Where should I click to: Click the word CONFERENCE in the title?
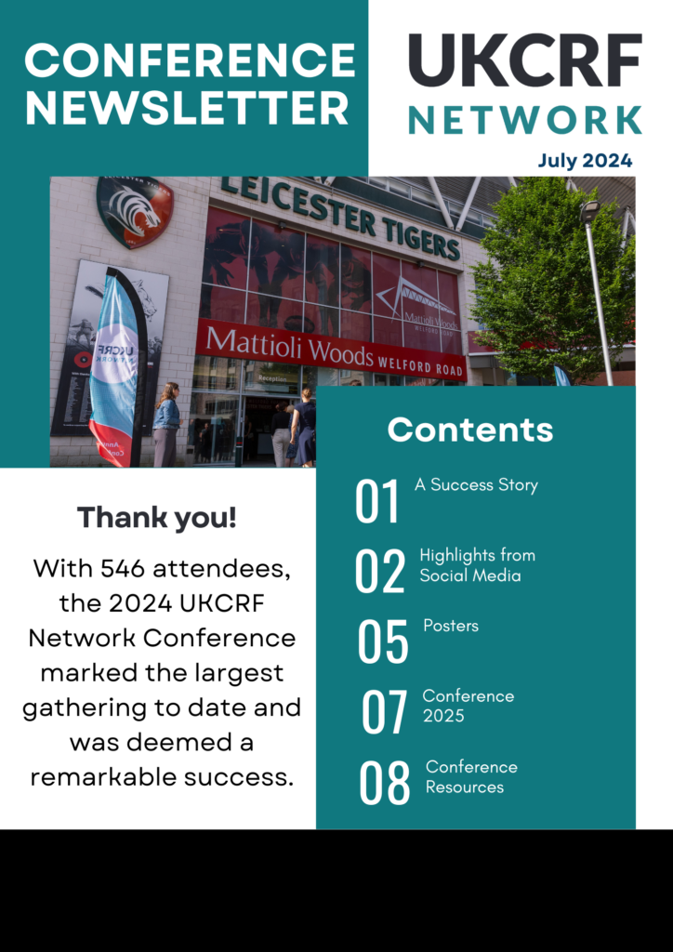click(190, 60)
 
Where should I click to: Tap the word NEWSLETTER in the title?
click(186, 108)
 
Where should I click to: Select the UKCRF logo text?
click(525, 60)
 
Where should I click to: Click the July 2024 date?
click(585, 161)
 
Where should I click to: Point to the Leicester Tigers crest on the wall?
click(135, 212)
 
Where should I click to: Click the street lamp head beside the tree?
click(589, 211)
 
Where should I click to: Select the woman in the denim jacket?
click(166, 424)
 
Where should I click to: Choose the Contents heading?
click(470, 430)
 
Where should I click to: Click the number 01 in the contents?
click(377, 501)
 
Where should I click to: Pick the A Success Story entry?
click(476, 485)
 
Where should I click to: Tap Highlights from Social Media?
click(478, 564)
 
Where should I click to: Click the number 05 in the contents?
click(382, 641)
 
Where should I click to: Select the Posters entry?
click(451, 626)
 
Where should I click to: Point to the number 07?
click(384, 711)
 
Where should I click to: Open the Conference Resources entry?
click(471, 776)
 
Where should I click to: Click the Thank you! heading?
click(156, 518)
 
